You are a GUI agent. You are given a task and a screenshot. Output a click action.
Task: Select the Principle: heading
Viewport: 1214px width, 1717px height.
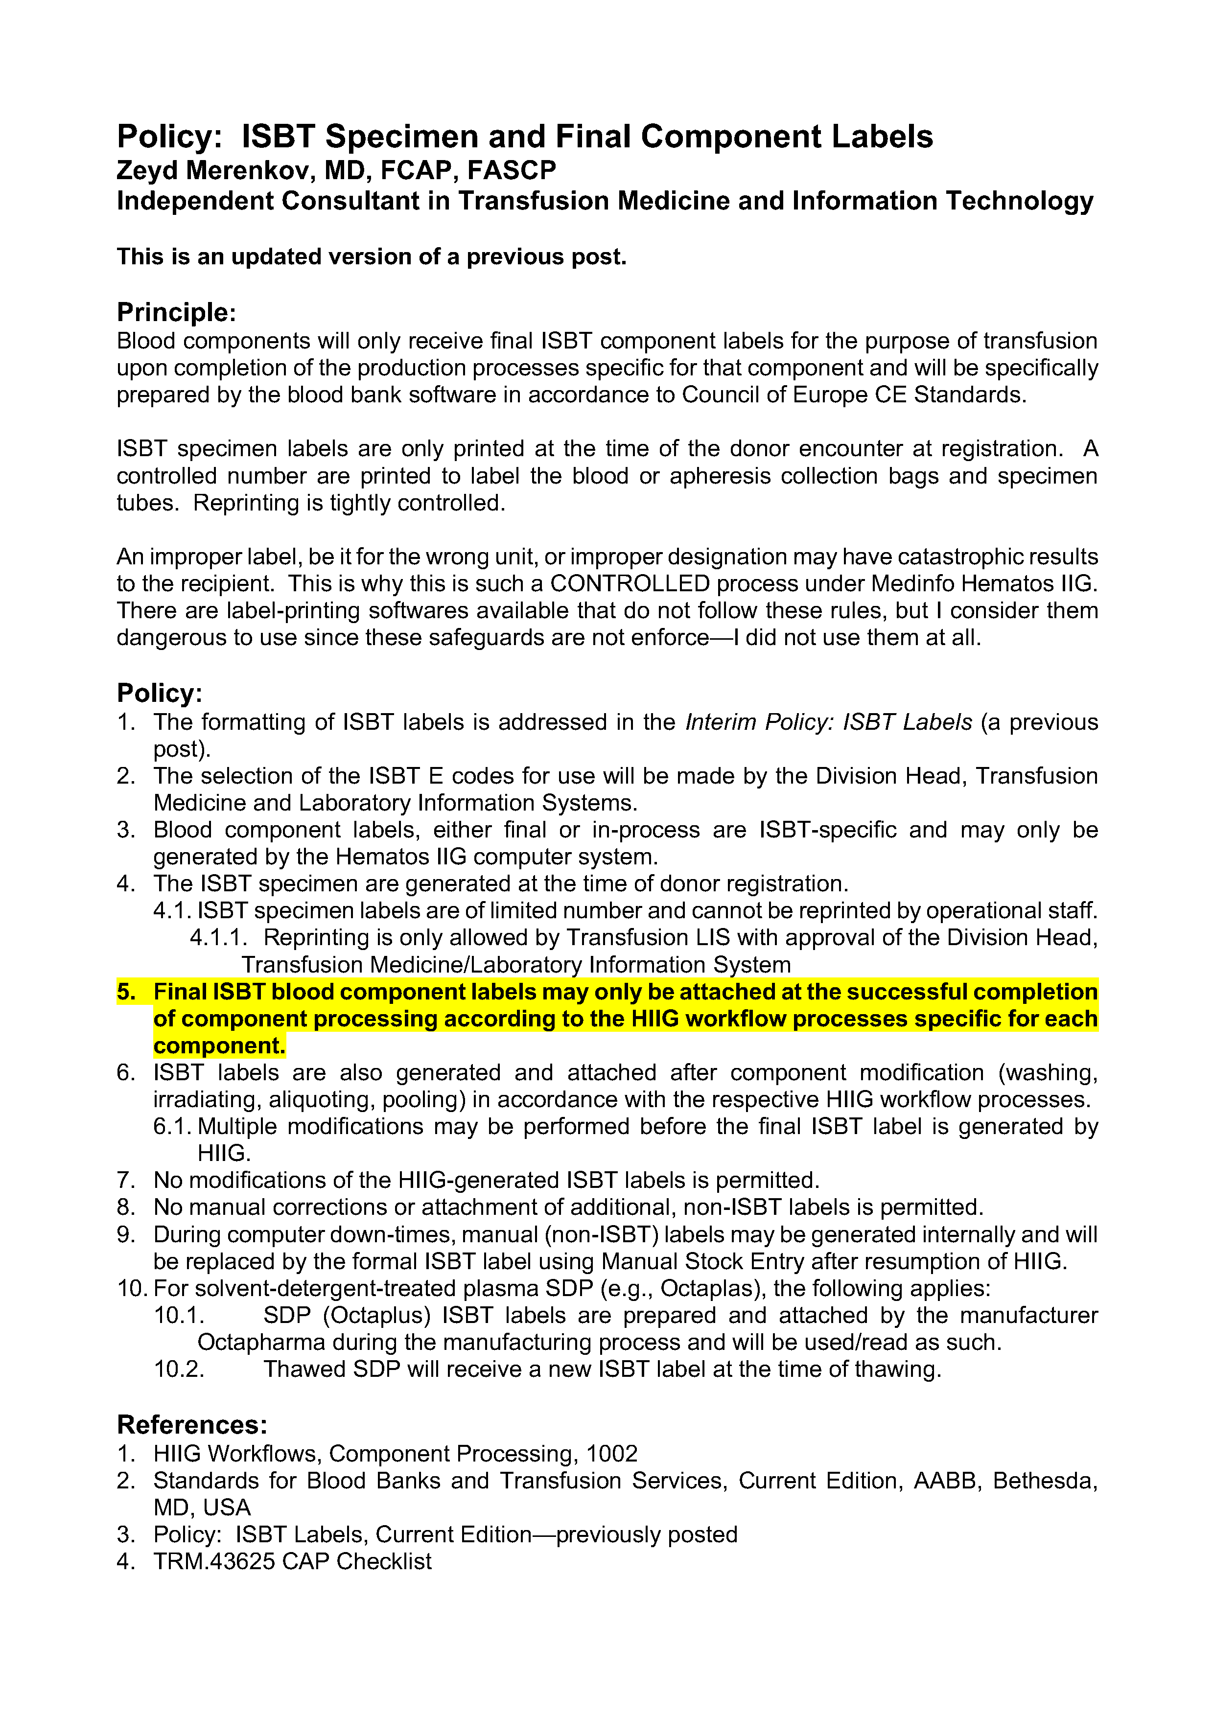tap(177, 312)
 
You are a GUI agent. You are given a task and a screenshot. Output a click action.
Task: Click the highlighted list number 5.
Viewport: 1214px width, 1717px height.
tap(126, 992)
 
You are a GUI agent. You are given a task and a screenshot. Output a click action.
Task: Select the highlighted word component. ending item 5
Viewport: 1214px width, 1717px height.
tap(219, 1045)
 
